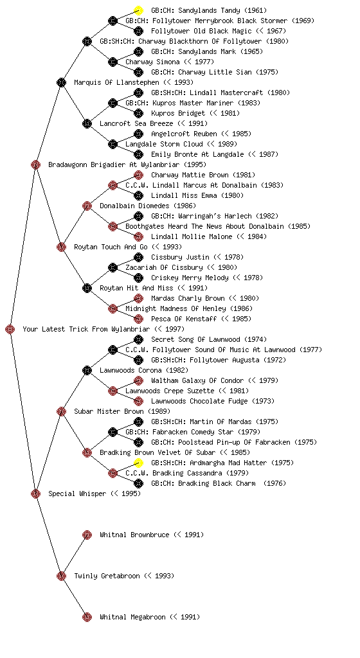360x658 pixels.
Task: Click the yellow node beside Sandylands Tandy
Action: [138, 10]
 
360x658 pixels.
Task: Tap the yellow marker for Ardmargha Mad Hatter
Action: [138, 463]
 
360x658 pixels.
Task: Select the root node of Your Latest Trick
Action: [10, 330]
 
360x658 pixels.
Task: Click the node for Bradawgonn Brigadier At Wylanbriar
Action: [35, 165]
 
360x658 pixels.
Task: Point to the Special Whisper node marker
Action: [35, 494]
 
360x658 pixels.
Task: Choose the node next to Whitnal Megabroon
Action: [87, 618]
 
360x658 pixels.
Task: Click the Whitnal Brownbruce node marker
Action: [87, 535]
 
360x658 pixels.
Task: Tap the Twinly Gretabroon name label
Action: [107, 576]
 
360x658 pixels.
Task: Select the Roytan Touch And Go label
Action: [111, 247]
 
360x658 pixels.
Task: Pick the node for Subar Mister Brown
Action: [61, 412]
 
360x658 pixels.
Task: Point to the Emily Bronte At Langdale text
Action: [197, 154]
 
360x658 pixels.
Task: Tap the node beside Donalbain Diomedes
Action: [87, 206]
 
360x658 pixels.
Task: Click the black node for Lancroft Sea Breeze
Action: [87, 124]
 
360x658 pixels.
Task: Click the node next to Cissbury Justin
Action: [138, 257]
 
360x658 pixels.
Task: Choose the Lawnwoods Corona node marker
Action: [87, 371]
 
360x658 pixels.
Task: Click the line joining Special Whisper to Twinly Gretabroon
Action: [48, 535]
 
